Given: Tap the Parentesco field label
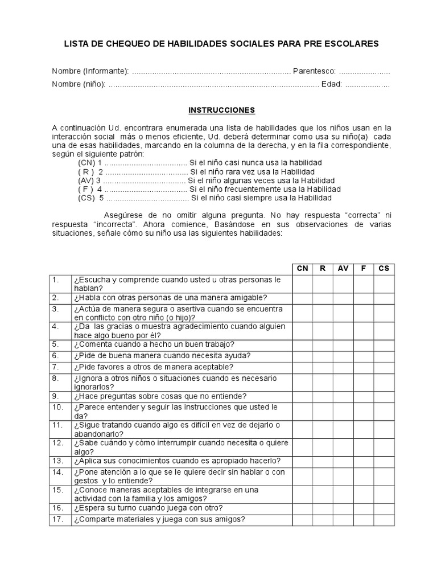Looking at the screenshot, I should pyautogui.click(x=315, y=71).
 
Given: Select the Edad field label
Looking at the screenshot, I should pyautogui.click(x=331, y=84).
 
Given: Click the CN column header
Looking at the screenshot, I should pyautogui.click(x=302, y=268).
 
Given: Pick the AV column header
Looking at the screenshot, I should pyautogui.click(x=343, y=268).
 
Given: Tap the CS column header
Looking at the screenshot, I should pyautogui.click(x=384, y=268).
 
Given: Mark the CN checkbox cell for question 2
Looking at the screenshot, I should pyautogui.click(x=302, y=298).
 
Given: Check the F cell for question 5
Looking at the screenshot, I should pyautogui.click(x=364, y=344).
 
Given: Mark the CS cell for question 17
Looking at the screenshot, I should pyautogui.click(x=384, y=519).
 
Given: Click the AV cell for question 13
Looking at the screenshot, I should pyautogui.click(x=343, y=460).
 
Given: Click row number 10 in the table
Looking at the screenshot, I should pyautogui.click(x=57, y=407).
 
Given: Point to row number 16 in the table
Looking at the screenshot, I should pyautogui.click(x=57, y=507).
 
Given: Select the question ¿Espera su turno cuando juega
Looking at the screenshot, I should pyautogui.click(x=147, y=507).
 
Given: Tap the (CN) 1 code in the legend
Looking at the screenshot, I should pyautogui.click(x=90, y=162).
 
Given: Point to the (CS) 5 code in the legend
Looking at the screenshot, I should pyautogui.click(x=91, y=198).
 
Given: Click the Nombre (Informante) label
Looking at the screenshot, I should pyautogui.click(x=90, y=71).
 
